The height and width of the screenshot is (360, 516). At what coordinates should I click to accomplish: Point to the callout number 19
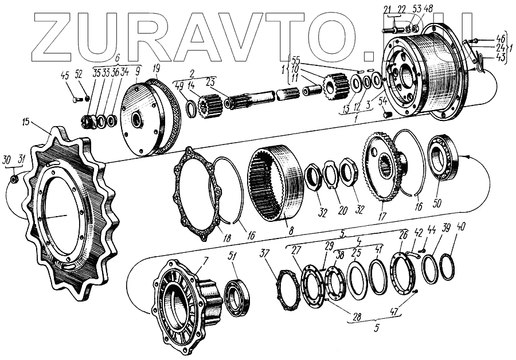157,68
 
